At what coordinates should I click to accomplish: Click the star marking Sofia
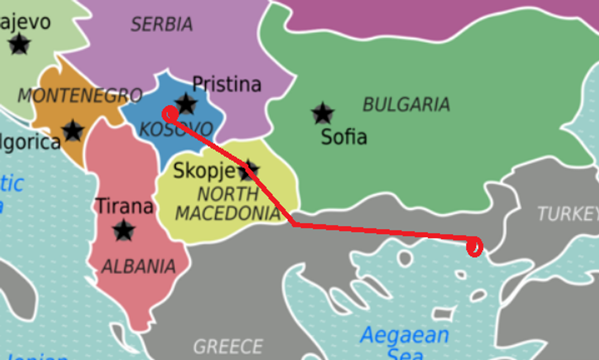322,113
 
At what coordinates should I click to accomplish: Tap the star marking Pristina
186,103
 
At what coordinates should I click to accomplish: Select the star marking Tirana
124,230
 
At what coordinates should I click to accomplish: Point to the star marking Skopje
248,171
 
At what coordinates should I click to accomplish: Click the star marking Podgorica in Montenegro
73,130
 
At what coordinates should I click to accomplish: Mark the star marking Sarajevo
20,43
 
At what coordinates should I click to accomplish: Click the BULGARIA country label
406,105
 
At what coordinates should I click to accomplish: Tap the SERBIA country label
161,24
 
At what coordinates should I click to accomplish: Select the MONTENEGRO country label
79,96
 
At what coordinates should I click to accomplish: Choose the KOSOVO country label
176,130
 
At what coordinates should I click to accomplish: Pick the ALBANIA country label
138,266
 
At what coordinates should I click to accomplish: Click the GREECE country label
228,347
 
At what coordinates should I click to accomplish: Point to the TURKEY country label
567,214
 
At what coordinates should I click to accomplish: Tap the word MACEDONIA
227,213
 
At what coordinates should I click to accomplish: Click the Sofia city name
344,137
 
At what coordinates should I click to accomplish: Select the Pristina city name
227,84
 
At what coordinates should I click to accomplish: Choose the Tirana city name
124,207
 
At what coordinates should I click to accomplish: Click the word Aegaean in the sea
404,336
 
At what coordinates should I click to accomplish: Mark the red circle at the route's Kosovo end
170,114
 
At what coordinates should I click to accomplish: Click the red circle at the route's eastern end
474,247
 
